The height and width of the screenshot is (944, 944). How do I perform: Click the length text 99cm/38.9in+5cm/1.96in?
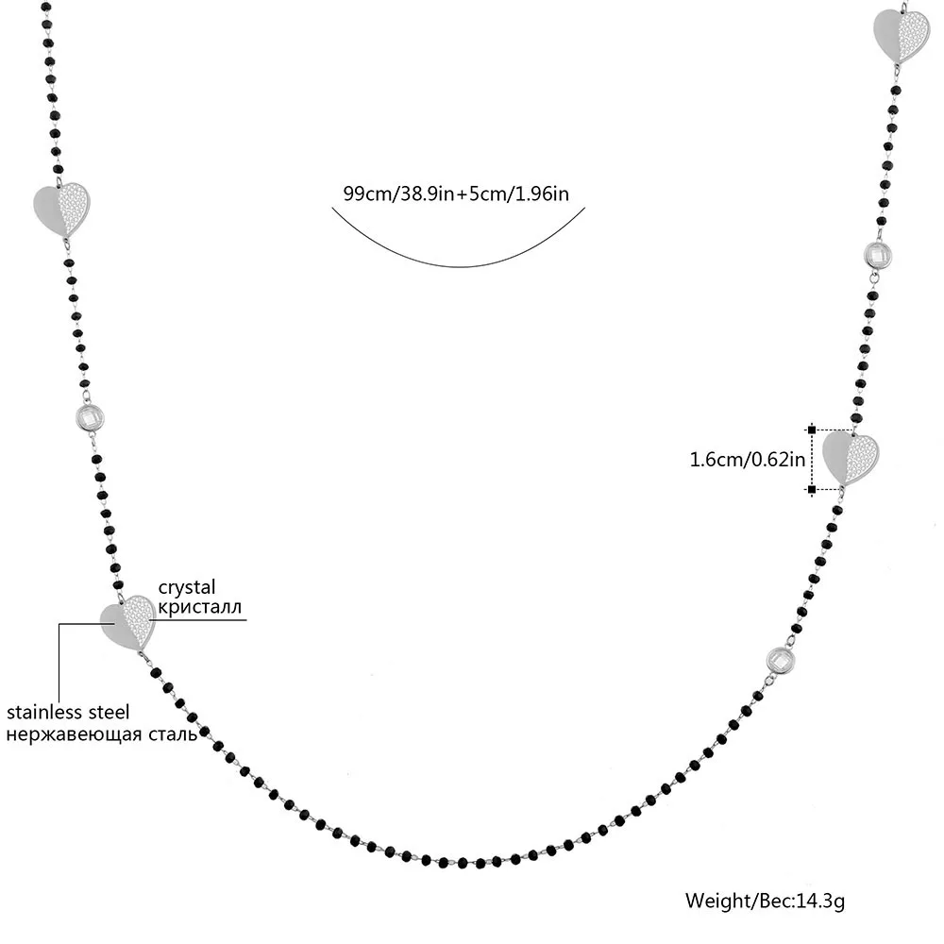pos(455,193)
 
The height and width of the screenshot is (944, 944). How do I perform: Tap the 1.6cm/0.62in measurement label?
pos(747,461)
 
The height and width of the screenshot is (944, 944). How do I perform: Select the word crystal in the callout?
pos(187,586)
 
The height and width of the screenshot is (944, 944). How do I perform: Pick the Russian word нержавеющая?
pos(71,733)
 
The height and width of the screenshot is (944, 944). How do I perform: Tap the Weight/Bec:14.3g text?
pos(765,899)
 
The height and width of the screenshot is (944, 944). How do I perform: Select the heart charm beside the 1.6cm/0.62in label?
pos(850,456)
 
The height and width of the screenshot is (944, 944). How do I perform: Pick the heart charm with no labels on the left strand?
pos(61,209)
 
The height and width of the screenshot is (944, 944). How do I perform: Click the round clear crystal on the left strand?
pos(88,418)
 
